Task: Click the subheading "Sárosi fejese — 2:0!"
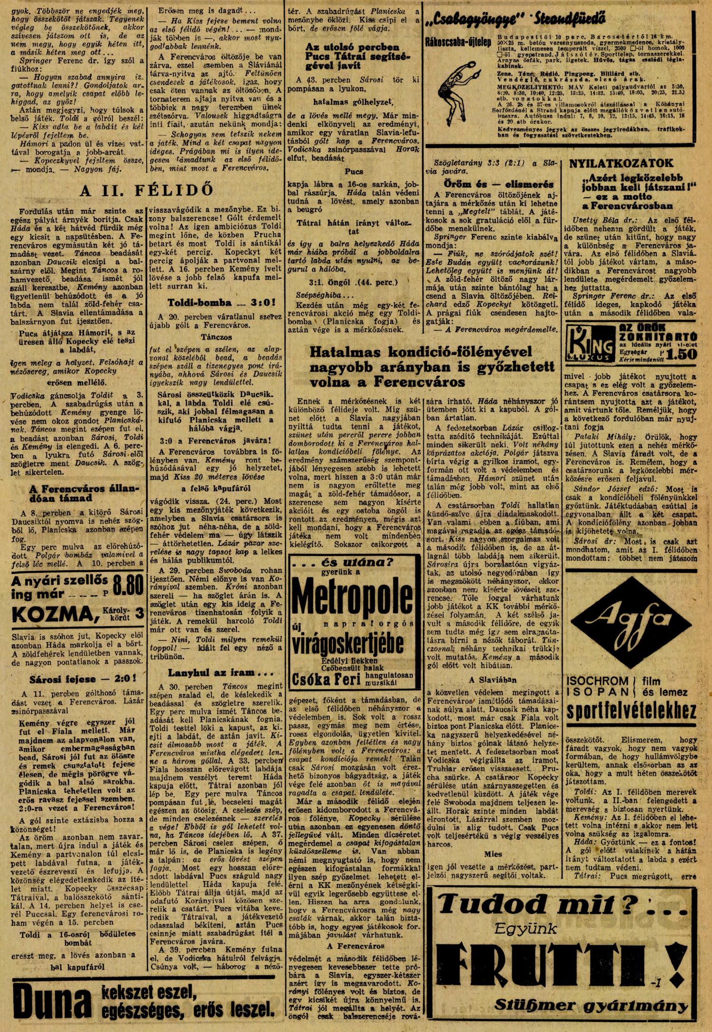pyautogui.click(x=74, y=679)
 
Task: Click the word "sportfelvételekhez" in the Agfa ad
pyautogui.click(x=632, y=712)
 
